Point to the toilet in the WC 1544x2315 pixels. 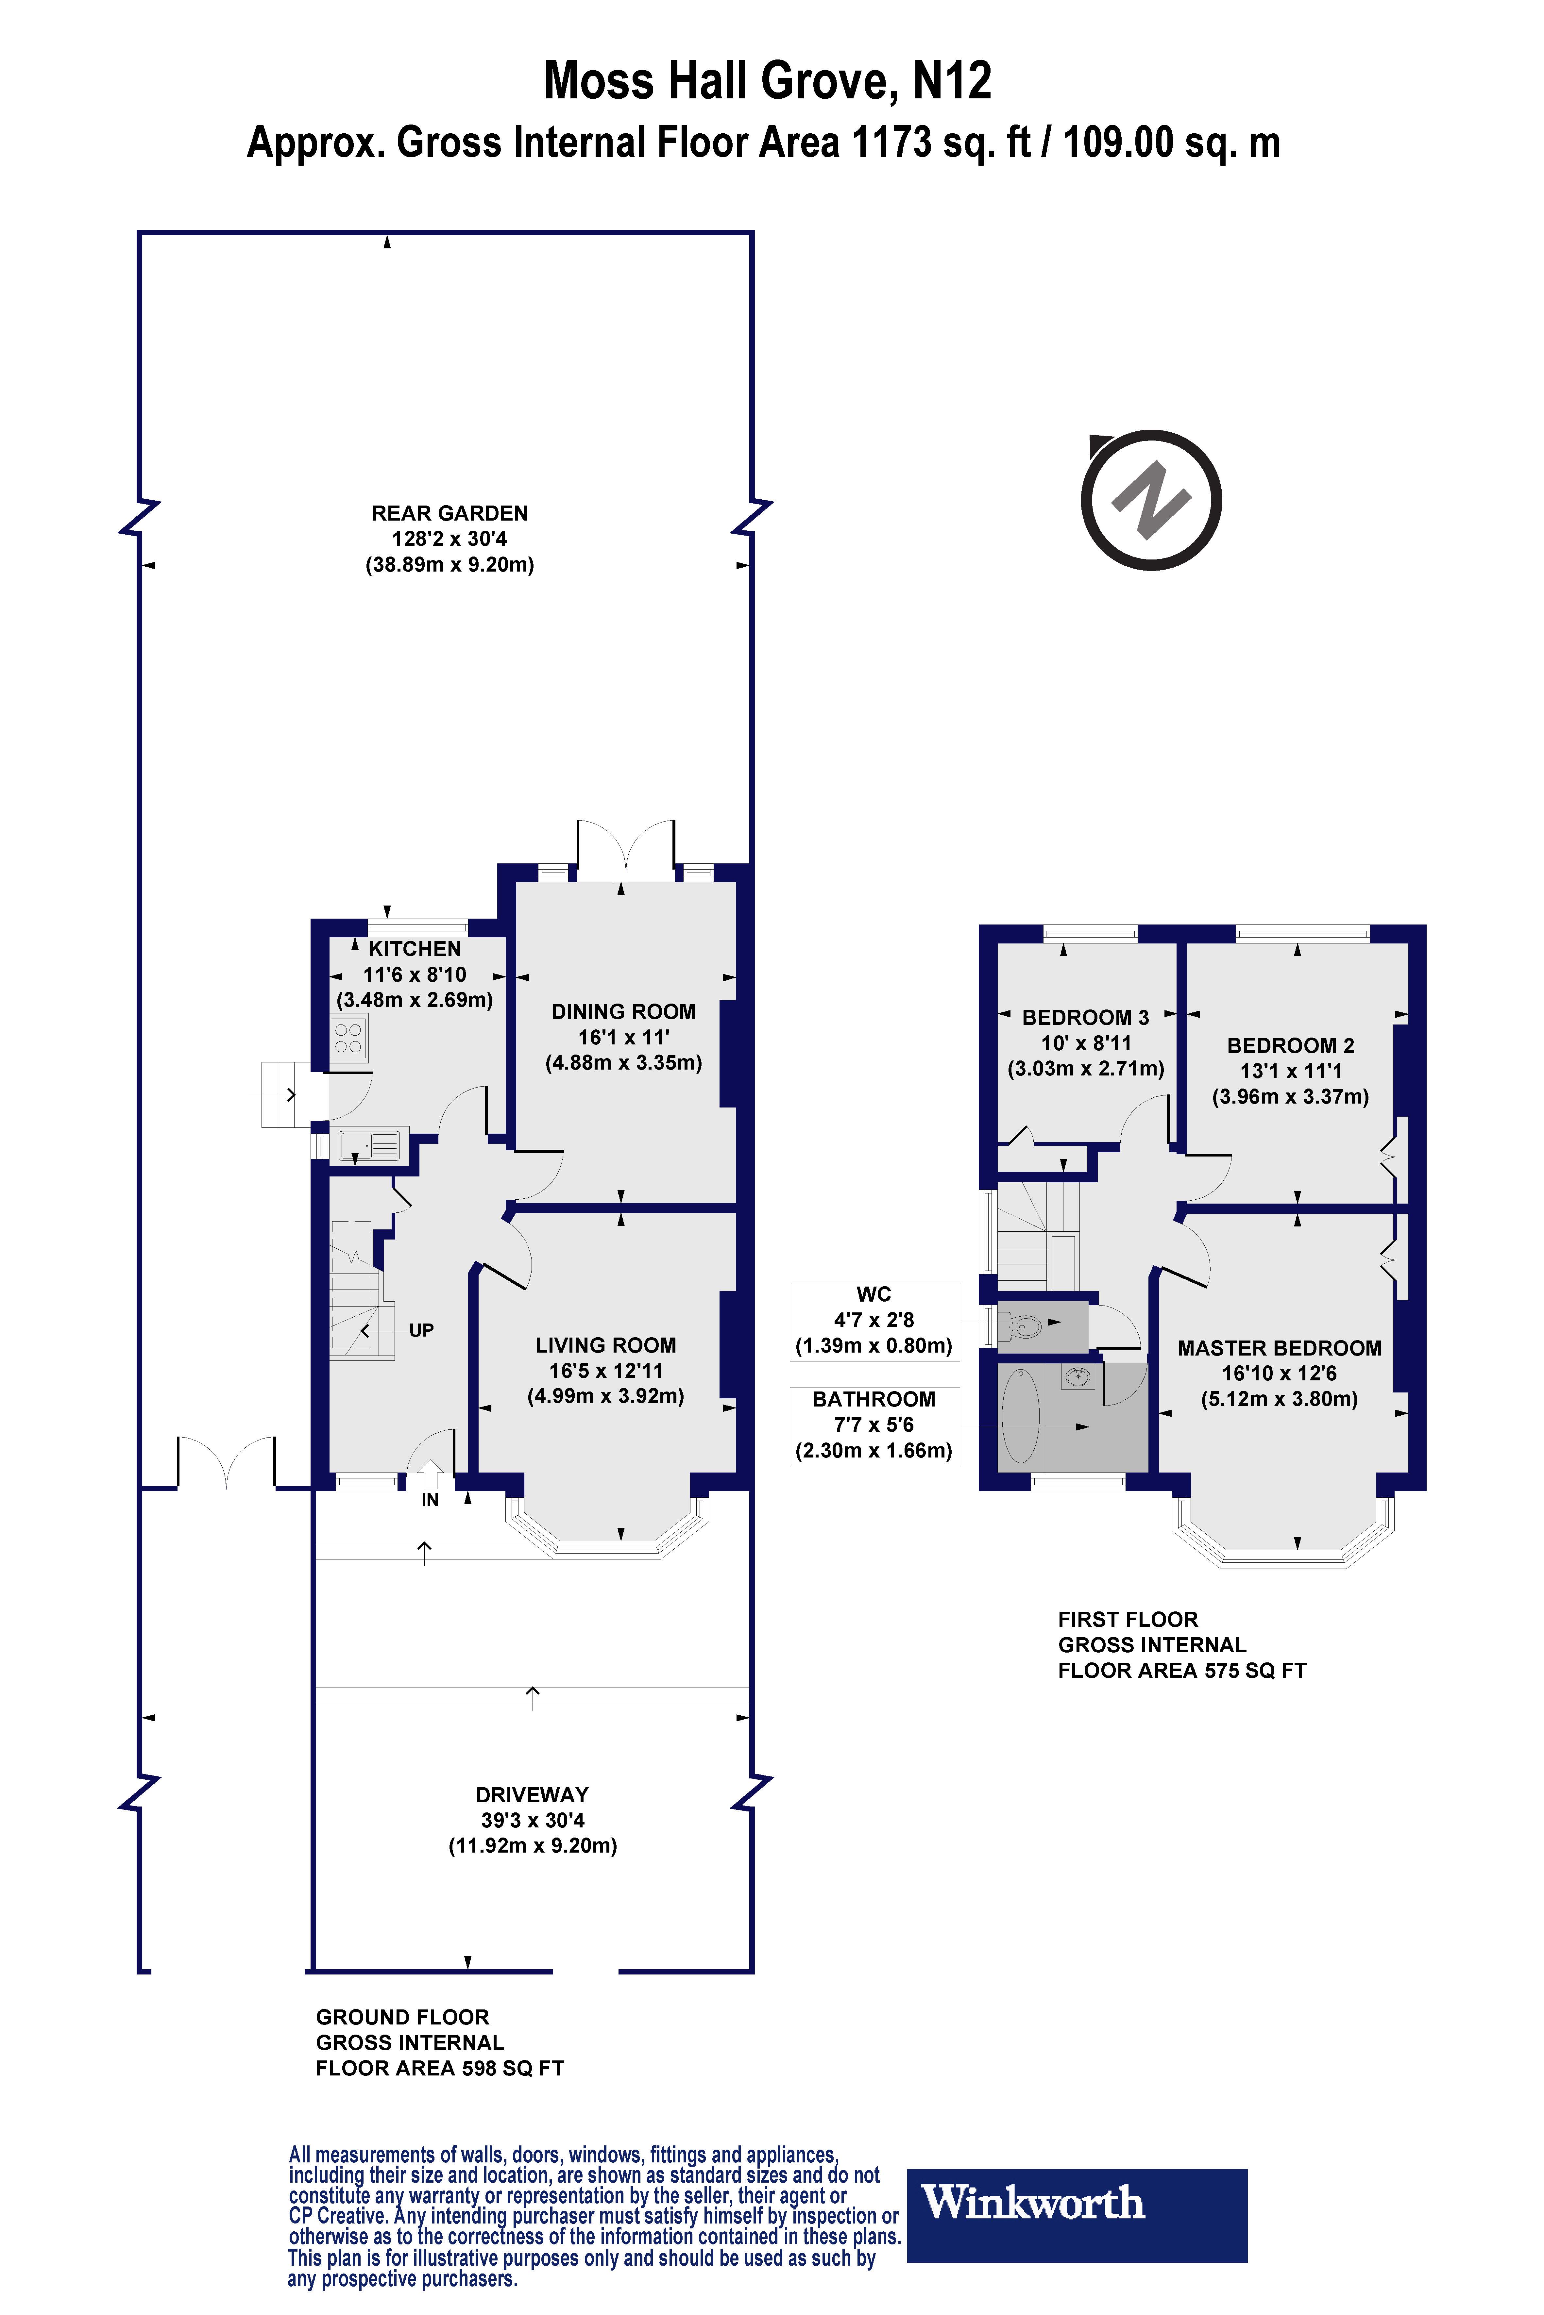tap(1021, 1328)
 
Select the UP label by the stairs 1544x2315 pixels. tap(421, 1331)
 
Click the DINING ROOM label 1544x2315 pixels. tap(623, 1012)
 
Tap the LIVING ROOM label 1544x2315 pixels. tap(605, 1345)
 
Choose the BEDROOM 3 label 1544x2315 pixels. tap(1085, 1018)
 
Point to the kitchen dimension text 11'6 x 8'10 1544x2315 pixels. tap(415, 974)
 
